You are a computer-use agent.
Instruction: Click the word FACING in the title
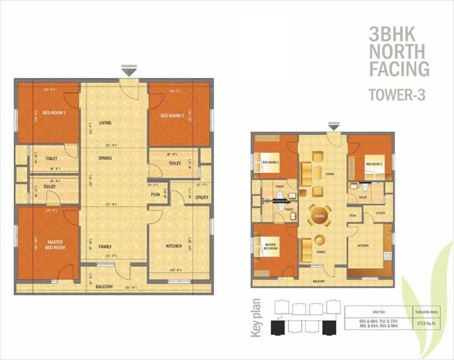pos(399,68)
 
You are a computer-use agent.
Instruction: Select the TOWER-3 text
pos(397,95)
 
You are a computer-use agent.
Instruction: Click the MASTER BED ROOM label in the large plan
pos(55,244)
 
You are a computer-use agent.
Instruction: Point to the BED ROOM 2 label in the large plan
pos(172,116)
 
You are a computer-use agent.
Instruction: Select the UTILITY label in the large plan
pos(202,197)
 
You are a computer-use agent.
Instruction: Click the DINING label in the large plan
pos(105,158)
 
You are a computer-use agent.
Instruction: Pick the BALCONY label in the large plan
pos(104,286)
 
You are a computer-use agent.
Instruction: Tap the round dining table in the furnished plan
pos(319,217)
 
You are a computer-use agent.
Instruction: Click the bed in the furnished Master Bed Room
pos(267,247)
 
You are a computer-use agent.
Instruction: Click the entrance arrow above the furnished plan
pos(333,126)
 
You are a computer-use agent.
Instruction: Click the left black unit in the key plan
pos(278,327)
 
